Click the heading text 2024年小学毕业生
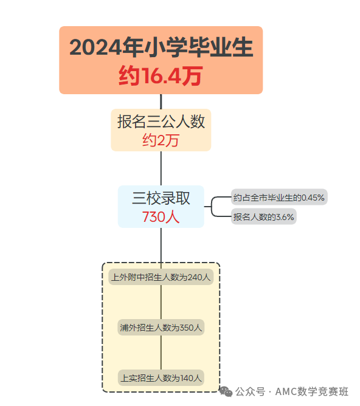161,47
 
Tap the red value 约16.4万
161,75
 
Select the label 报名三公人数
161,122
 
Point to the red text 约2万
161,140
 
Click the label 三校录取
161,198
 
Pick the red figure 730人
161,217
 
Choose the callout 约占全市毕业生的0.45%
279,198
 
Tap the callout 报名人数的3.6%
264,216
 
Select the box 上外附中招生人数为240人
161,277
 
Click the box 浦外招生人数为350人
161,328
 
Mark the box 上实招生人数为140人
161,378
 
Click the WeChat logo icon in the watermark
226,391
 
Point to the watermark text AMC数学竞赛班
311,391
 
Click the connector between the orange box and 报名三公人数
161,101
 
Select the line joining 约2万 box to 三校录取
161,168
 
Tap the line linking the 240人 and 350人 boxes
161,302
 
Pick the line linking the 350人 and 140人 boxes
161,353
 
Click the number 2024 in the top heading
95,47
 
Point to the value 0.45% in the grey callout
313,198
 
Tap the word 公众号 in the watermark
251,391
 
